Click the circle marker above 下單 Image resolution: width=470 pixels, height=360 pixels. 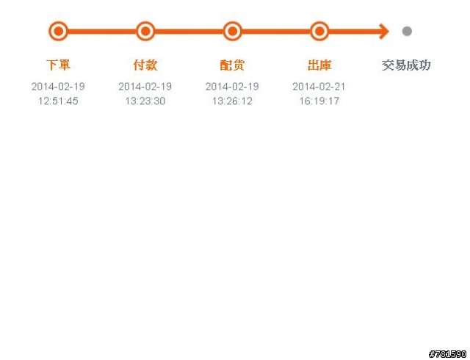58,31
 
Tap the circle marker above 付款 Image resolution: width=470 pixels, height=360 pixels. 145,31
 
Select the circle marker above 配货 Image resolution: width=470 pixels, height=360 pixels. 232,31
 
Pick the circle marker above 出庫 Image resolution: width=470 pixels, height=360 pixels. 319,31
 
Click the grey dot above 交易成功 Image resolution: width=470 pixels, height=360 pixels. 407,31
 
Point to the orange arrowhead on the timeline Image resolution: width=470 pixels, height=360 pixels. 384,31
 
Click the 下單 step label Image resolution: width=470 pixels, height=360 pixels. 58,65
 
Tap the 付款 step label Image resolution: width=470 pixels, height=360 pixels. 145,65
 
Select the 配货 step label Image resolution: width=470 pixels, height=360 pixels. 232,65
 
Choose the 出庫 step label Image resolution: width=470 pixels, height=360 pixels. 319,65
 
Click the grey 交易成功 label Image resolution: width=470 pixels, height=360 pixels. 406,65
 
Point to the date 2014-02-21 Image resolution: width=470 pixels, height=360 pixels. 319,87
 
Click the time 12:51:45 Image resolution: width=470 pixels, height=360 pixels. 58,101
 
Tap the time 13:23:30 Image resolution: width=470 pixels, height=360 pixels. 145,101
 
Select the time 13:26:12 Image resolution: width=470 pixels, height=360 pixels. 232,101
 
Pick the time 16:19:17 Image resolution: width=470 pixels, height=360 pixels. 319,101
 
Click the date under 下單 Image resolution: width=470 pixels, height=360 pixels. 58,87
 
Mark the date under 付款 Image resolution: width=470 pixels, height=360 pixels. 145,87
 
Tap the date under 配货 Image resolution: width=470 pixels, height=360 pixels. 232,87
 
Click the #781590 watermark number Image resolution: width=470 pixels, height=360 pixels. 448,354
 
